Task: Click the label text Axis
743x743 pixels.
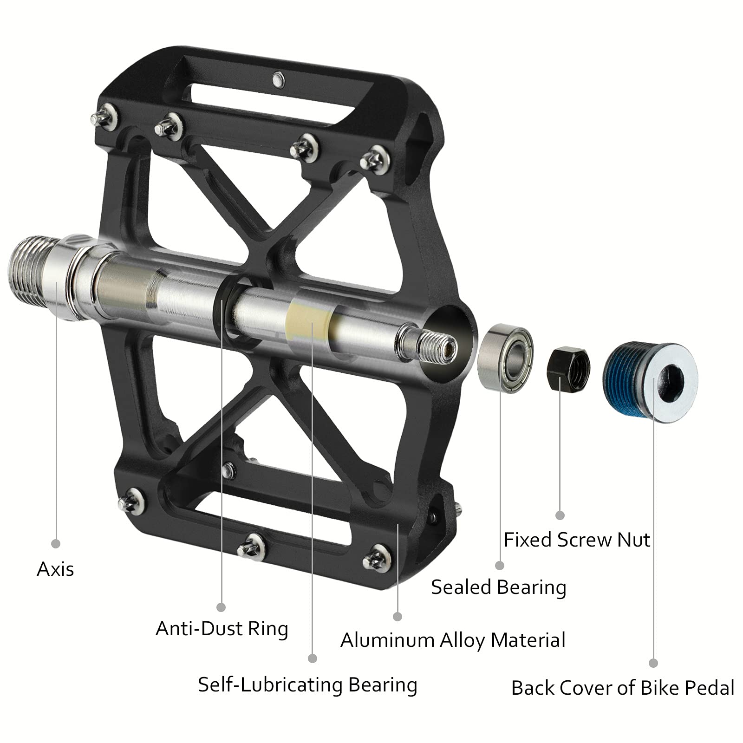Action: [x=55, y=569]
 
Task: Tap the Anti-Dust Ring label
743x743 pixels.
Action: [x=222, y=629]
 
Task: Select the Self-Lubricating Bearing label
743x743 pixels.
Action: [x=307, y=685]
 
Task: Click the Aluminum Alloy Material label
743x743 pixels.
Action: [x=453, y=640]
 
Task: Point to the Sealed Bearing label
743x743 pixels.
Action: [x=498, y=587]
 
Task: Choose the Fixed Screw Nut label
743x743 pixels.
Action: [x=577, y=540]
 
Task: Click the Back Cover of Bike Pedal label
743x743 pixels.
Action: [x=622, y=688]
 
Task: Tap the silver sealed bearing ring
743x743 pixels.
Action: [x=505, y=358]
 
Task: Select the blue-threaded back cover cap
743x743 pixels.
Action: [x=650, y=383]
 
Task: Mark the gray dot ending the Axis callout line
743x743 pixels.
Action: [x=56, y=543]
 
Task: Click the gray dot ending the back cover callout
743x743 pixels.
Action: [x=653, y=663]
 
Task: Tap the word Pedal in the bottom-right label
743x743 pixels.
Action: [x=710, y=688]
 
